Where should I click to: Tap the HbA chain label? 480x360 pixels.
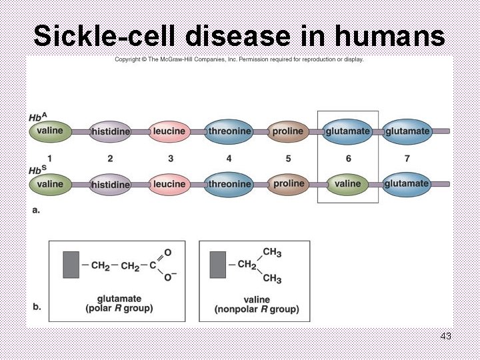36,117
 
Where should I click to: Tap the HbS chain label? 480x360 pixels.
36,171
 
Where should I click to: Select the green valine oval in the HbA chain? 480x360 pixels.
50,131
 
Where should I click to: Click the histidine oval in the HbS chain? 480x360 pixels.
110,184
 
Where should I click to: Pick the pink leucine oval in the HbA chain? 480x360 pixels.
169,131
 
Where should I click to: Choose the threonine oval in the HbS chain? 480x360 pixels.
229,184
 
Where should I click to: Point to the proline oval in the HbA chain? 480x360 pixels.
288,131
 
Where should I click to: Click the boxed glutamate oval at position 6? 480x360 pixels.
347,131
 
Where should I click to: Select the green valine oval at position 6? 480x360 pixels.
347,184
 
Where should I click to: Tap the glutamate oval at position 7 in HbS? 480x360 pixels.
407,184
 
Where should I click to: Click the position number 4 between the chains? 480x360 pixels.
229,159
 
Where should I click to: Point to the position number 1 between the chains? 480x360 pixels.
50,159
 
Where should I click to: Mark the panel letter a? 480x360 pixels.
36,209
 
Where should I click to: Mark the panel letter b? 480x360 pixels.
37,307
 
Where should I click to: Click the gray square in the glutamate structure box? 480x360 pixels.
71,265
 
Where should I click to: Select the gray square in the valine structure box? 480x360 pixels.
217,265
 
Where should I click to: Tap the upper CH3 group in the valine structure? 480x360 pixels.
272,252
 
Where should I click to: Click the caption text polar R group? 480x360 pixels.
119,309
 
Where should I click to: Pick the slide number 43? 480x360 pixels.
446,336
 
